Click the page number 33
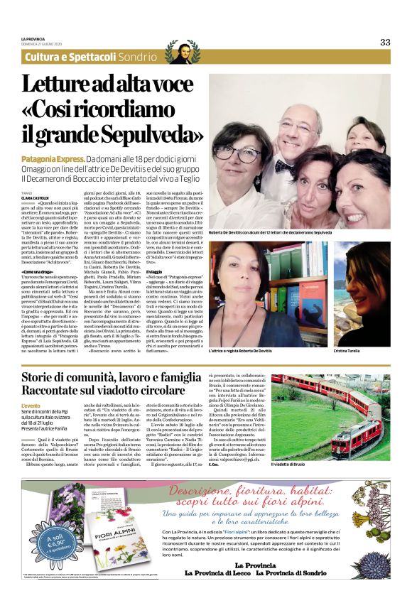click(384, 42)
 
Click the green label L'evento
click(31, 404)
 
